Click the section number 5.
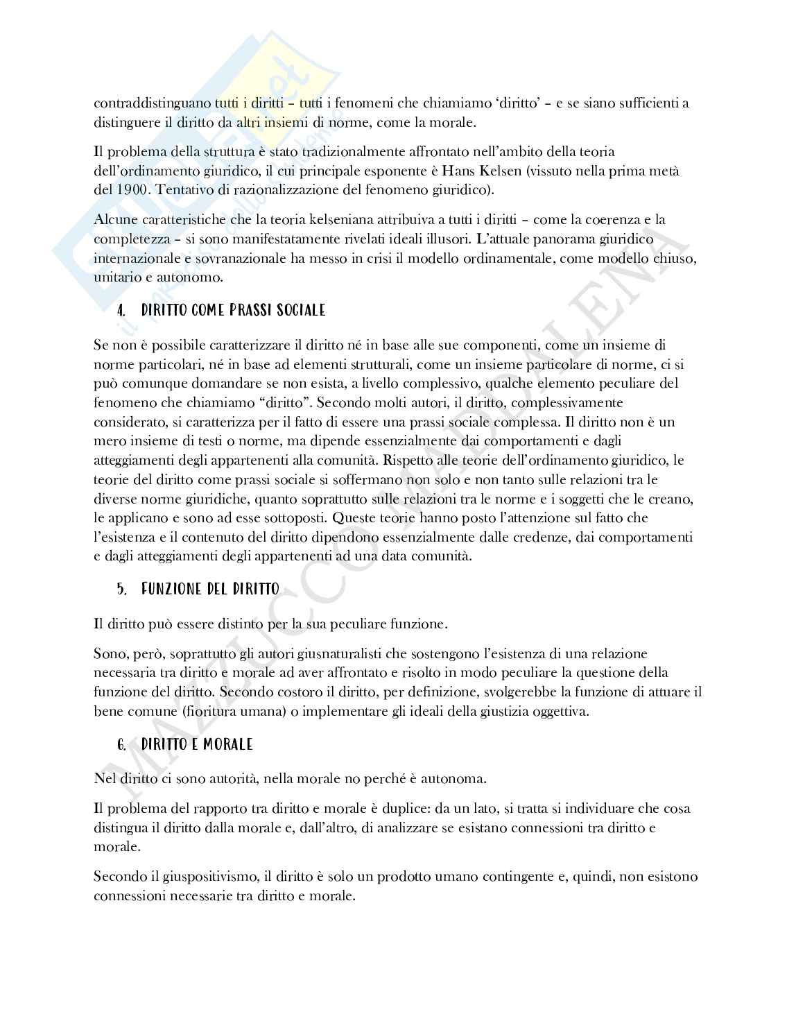(121, 590)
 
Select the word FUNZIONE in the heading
(171, 590)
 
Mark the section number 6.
(121, 745)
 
